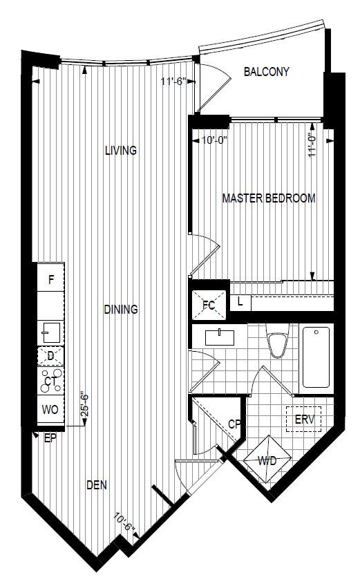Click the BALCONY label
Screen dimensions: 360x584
click(x=266, y=71)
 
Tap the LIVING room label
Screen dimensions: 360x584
click(x=121, y=151)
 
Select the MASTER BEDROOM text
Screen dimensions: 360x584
click(x=269, y=198)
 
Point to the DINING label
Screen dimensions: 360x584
click(x=121, y=309)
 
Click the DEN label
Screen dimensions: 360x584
click(x=97, y=485)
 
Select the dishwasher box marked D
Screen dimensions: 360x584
click(x=50, y=356)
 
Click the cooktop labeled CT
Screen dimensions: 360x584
click(x=51, y=381)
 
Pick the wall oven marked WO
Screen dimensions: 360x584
click(x=50, y=410)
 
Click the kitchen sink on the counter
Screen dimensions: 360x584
click(x=50, y=332)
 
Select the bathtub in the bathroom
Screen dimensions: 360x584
click(x=316, y=357)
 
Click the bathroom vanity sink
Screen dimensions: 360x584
click(x=220, y=337)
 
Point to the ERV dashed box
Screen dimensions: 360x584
click(x=304, y=419)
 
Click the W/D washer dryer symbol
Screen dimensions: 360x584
click(x=267, y=460)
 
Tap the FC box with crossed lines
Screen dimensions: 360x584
click(x=209, y=305)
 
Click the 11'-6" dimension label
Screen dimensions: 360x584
click(x=173, y=81)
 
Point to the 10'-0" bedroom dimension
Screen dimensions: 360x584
click(x=214, y=140)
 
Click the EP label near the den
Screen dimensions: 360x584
click(x=50, y=438)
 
